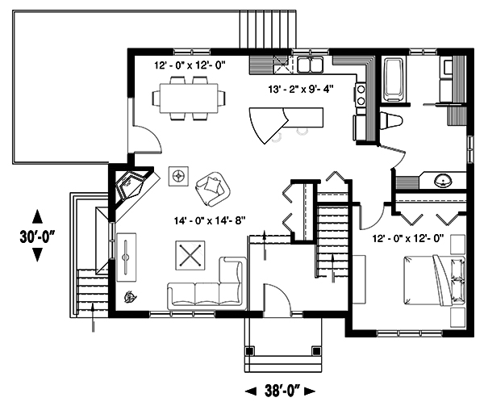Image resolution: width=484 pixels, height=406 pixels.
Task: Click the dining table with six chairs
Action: (x=189, y=98)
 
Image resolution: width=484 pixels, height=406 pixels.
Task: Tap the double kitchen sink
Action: (x=309, y=65)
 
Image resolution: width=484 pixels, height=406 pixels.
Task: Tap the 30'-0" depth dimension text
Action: (x=36, y=236)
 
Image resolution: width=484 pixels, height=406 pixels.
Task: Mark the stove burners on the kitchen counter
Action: (x=361, y=94)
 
